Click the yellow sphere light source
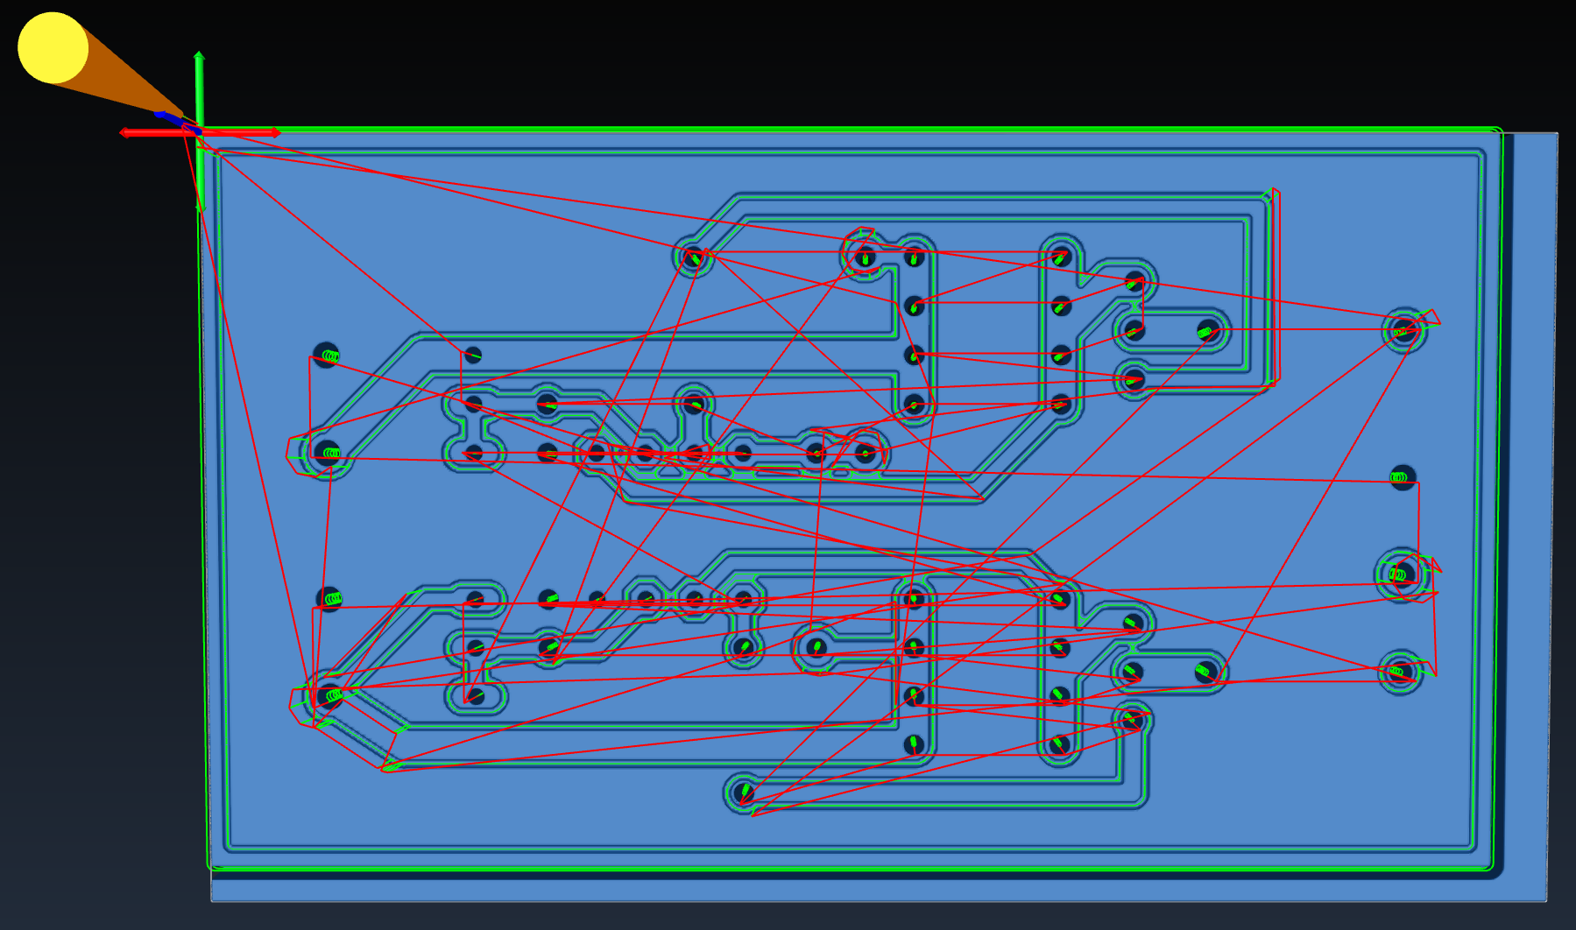[53, 48]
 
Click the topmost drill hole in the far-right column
[1403, 330]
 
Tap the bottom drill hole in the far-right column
[1399, 673]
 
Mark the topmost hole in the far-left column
[326, 355]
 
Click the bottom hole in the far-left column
[329, 696]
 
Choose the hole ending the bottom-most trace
[743, 793]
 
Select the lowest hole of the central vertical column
[913, 744]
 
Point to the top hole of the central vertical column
[914, 257]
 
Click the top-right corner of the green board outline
[1501, 130]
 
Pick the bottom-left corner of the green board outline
[209, 867]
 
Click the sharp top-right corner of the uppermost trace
[1270, 195]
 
